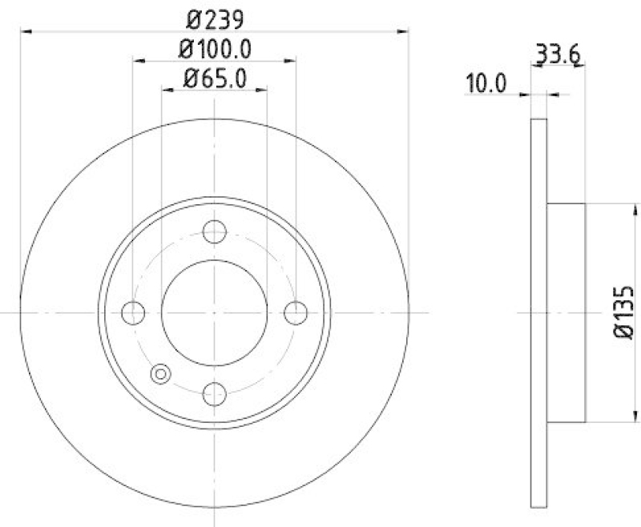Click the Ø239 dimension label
click(x=214, y=17)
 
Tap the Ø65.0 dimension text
click(x=214, y=78)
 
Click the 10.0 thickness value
click(x=486, y=82)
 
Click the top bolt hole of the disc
click(x=214, y=232)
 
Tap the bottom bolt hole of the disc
click(x=214, y=393)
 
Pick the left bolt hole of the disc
click(x=133, y=312)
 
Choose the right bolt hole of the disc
click(x=296, y=312)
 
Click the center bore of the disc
click(x=214, y=312)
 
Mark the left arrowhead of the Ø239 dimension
click(x=26, y=31)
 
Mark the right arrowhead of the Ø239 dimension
click(x=404, y=31)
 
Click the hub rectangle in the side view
click(x=566, y=313)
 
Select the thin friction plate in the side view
click(x=539, y=313)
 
